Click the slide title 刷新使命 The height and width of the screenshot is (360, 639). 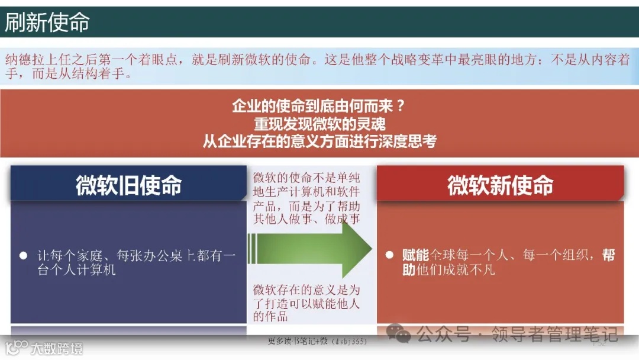click(x=47, y=22)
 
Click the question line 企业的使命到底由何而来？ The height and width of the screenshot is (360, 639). click(x=319, y=107)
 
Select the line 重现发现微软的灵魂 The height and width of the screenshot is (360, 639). click(x=319, y=124)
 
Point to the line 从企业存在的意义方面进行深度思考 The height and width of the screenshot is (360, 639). click(x=319, y=142)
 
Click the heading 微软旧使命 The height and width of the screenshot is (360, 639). click(x=128, y=185)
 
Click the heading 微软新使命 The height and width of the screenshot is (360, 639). click(x=500, y=185)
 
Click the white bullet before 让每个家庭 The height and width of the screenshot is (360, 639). click(x=24, y=256)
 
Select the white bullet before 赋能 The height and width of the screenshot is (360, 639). click(x=389, y=255)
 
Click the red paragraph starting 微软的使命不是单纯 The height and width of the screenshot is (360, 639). click(x=306, y=198)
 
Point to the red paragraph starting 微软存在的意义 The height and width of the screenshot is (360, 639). click(x=306, y=303)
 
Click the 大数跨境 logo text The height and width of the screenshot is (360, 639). click(x=57, y=348)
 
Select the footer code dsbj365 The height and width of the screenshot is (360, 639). click(x=350, y=342)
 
